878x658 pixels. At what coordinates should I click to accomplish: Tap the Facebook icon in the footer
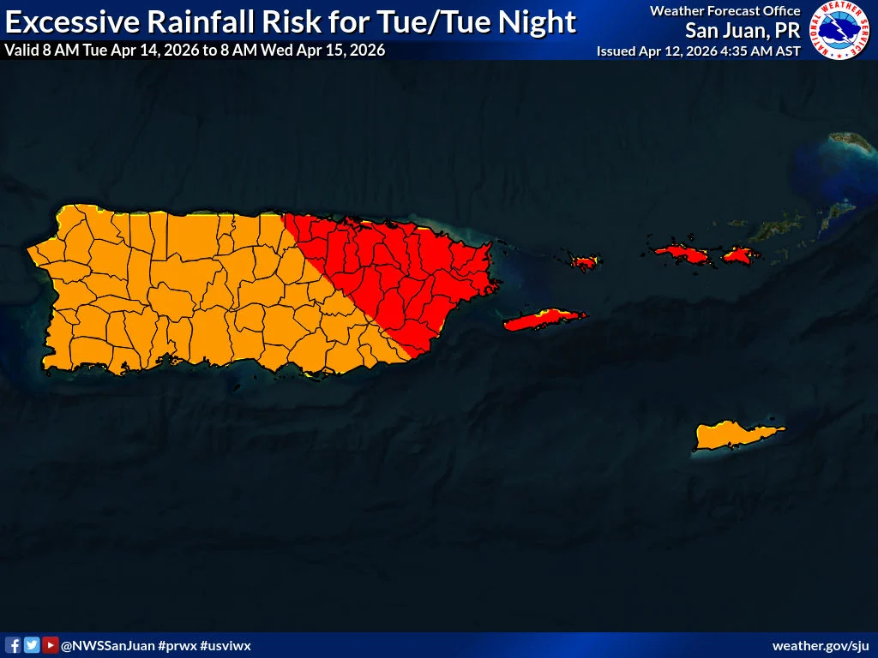click(x=13, y=645)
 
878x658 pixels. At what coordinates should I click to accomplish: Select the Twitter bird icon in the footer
click(x=32, y=645)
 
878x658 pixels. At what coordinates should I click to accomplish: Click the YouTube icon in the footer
click(x=51, y=645)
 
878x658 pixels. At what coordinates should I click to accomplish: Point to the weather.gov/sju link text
click(x=821, y=645)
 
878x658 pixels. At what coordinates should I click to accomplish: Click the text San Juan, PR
click(x=743, y=31)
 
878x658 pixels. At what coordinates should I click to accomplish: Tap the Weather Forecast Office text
click(x=725, y=11)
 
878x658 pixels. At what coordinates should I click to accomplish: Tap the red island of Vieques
click(x=544, y=321)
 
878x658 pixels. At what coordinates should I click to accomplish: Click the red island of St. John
click(x=738, y=254)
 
